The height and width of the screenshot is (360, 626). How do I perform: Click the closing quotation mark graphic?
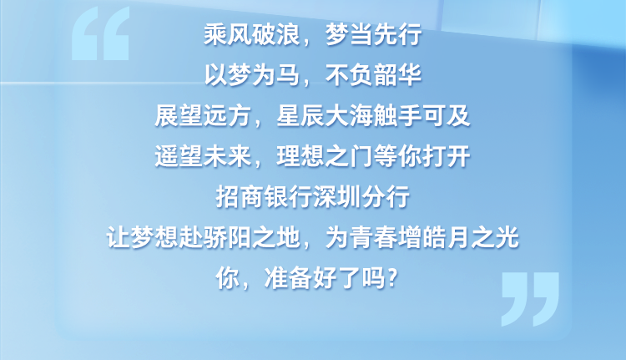[531, 298]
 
